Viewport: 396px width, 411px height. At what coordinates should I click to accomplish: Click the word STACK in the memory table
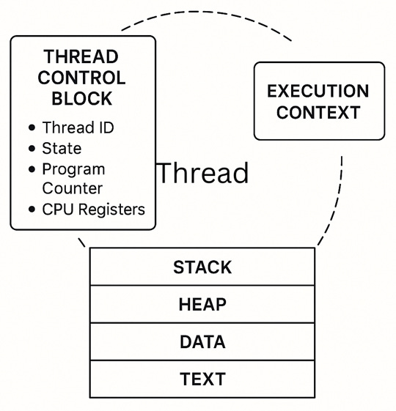coord(202,267)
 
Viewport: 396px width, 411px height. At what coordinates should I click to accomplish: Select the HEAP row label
coord(202,305)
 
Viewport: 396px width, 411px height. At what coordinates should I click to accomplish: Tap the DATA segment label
coord(202,342)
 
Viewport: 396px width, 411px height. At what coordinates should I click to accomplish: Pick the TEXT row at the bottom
coord(202,380)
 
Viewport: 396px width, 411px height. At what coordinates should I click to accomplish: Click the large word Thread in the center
coord(203,174)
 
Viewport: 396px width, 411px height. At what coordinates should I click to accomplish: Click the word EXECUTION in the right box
coord(318,92)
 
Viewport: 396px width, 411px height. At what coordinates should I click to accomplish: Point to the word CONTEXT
coord(318,113)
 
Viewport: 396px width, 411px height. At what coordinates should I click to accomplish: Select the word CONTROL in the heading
coord(82,78)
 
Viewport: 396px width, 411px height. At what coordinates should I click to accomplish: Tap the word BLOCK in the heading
coord(82,99)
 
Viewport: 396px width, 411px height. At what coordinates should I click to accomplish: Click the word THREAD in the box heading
coord(82,57)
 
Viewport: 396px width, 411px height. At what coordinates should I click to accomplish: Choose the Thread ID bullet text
coord(78,127)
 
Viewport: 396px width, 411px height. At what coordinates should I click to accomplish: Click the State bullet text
coord(62,148)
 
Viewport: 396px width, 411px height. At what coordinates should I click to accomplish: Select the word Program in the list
coord(73,169)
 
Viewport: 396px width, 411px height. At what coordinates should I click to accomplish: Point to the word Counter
coord(73,188)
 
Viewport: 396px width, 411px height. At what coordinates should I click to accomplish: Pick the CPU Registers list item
coord(93,210)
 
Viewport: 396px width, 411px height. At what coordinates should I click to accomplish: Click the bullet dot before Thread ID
coord(32,127)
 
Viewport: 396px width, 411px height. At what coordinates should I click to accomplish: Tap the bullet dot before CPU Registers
coord(32,210)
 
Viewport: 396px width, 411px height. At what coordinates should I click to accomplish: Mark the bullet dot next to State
coord(32,148)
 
